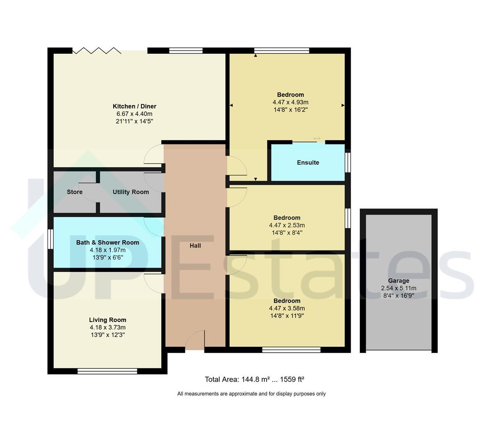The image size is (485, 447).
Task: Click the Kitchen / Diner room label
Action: tap(134, 106)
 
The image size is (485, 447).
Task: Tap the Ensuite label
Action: tap(308, 163)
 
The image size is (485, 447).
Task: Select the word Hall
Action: tap(195, 245)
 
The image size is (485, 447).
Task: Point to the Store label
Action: tap(74, 192)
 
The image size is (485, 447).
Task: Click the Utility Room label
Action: tap(131, 192)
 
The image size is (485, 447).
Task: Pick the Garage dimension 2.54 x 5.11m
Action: tap(399, 288)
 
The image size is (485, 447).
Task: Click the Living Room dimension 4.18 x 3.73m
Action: tap(108, 327)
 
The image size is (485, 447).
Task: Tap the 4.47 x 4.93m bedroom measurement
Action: tap(290, 102)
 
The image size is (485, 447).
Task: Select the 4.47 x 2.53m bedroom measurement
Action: tap(287, 225)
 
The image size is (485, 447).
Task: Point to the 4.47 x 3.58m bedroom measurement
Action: tap(287, 308)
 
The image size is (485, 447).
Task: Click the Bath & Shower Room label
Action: tap(108, 243)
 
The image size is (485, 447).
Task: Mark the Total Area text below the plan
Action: tap(254, 379)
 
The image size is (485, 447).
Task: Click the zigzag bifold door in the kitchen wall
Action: tap(96, 50)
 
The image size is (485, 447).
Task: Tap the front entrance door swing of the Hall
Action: tap(195, 340)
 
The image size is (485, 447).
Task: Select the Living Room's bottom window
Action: tap(107, 371)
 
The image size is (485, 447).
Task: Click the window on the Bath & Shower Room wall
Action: tap(50, 239)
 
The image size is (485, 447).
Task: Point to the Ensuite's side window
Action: tap(348, 163)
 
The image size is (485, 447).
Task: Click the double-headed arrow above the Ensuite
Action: tap(317, 139)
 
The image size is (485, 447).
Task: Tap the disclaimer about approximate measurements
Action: tap(251, 394)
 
